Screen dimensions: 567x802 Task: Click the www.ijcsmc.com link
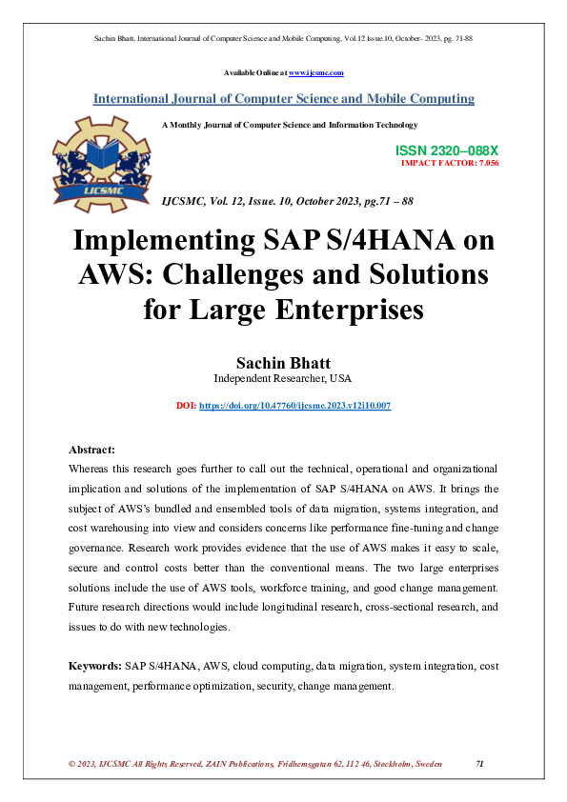(x=315, y=73)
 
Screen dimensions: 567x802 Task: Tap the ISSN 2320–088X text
(x=446, y=151)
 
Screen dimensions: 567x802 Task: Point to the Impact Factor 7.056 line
(x=450, y=164)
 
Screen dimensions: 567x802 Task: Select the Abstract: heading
(x=92, y=450)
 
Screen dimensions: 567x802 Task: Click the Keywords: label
(x=94, y=667)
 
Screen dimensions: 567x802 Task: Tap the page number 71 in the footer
(x=480, y=765)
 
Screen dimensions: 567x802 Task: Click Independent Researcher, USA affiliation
(x=283, y=378)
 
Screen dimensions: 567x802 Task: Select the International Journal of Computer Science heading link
(x=283, y=99)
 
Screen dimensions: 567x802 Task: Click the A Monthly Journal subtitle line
(x=290, y=125)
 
